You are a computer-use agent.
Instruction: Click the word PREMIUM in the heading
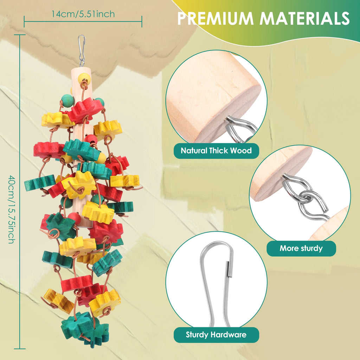click(x=215, y=18)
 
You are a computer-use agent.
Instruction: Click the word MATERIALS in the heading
click(x=305, y=18)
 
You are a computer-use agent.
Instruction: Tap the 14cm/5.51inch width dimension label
click(x=83, y=14)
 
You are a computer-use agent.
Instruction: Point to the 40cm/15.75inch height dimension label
click(x=12, y=209)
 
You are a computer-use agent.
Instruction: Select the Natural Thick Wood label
click(x=216, y=150)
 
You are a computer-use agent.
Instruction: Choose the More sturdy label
click(x=301, y=248)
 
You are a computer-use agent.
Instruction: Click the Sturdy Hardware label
click(x=216, y=335)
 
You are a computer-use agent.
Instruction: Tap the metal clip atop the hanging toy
click(x=82, y=51)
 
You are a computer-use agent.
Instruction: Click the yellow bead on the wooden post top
click(x=84, y=78)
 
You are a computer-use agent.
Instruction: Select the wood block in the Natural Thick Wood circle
click(x=213, y=96)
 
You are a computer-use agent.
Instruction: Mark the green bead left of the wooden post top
click(x=67, y=100)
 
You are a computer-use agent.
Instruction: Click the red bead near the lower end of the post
click(x=75, y=218)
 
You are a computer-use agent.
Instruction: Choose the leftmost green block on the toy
click(x=40, y=183)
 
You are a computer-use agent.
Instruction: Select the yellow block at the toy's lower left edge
click(x=59, y=301)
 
